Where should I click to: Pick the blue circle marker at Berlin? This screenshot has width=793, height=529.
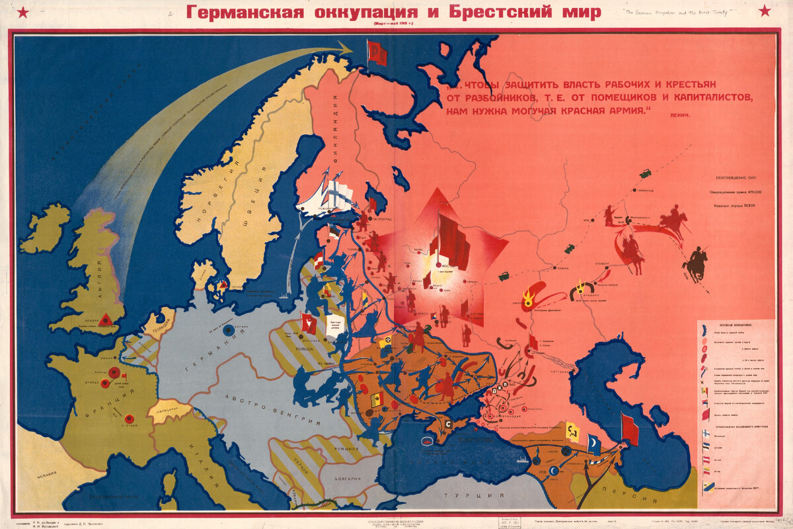228,329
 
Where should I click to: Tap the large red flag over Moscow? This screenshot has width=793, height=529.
452,238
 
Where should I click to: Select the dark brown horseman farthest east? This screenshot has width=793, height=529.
695,263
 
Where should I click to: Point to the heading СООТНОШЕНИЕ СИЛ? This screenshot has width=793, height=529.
737,178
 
